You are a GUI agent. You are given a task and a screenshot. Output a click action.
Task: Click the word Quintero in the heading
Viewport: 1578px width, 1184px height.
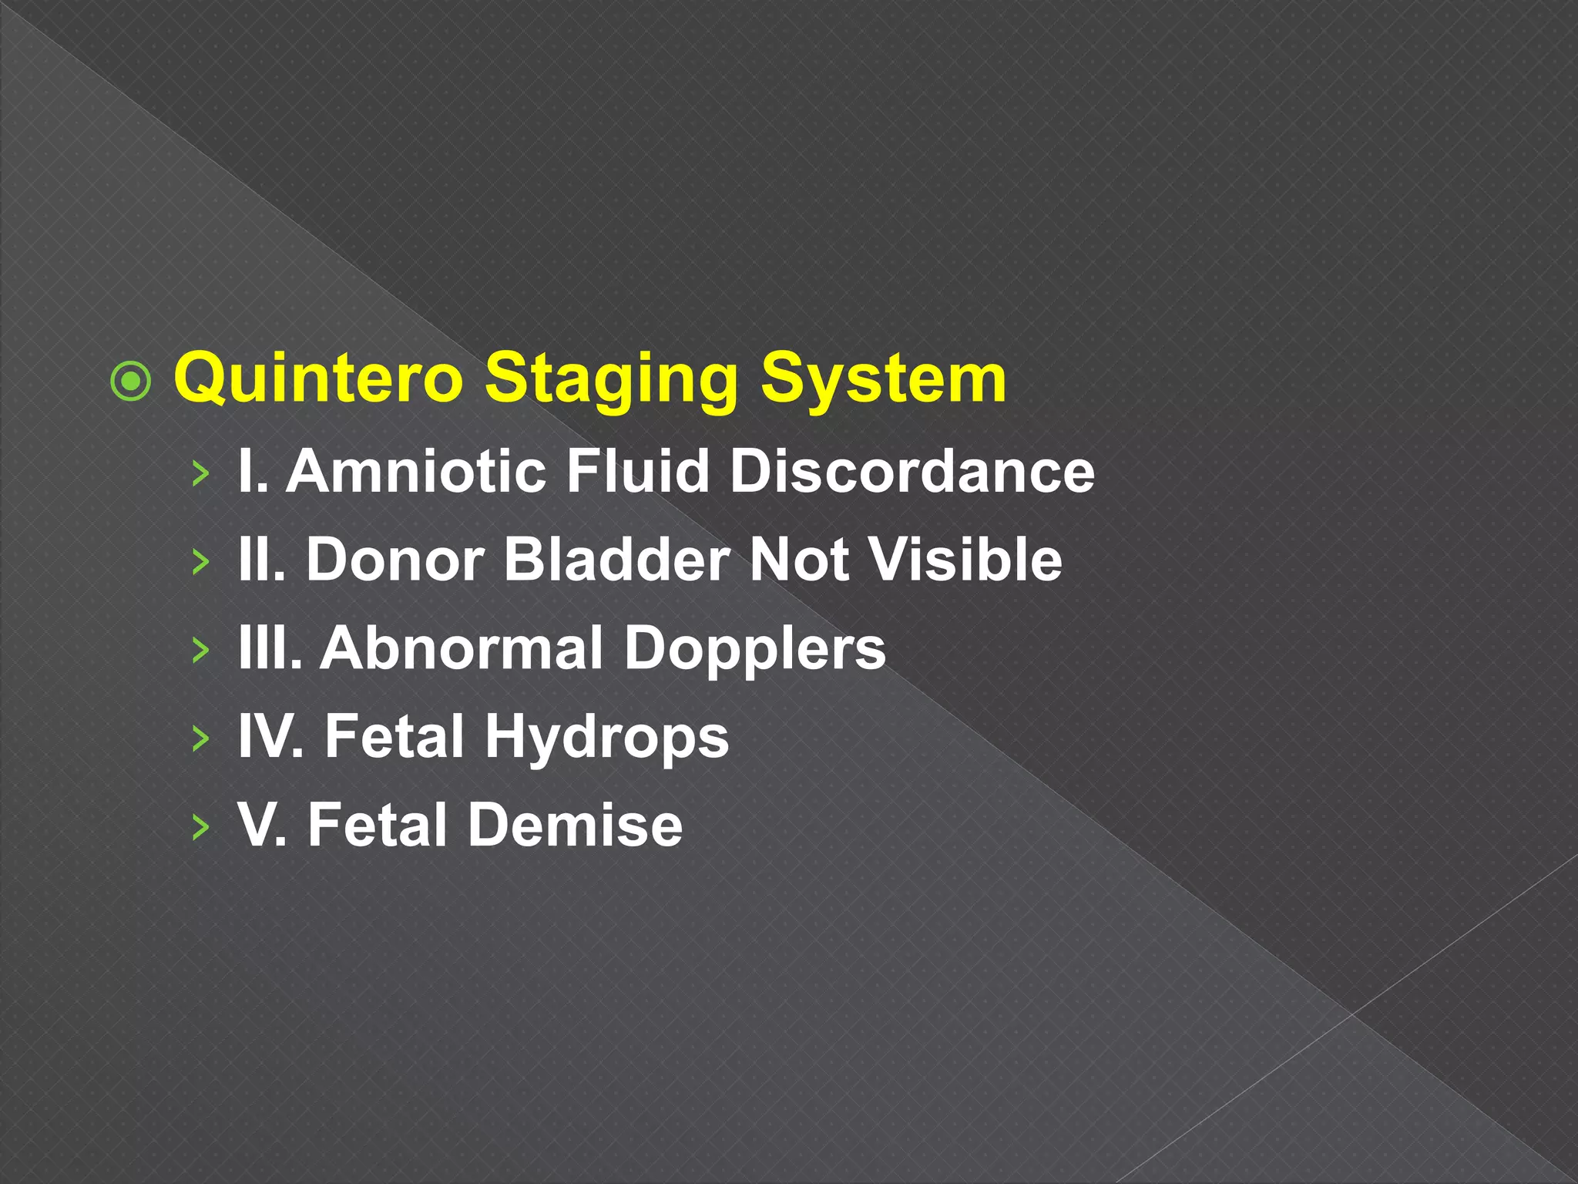[318, 378]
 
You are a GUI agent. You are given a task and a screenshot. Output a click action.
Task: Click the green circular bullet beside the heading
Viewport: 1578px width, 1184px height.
[131, 381]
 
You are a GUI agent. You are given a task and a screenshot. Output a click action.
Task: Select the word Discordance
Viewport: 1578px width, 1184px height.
[912, 471]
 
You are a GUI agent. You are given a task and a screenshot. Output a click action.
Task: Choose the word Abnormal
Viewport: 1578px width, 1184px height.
[462, 648]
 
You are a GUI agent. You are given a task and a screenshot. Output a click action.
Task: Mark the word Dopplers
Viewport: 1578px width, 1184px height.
[754, 650]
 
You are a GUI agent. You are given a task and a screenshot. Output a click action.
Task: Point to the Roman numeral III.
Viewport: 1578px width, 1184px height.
[269, 648]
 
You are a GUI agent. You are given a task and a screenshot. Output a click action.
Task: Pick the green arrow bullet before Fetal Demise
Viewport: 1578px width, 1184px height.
[200, 827]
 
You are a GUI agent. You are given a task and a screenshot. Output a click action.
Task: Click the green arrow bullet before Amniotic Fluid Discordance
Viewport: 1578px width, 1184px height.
[200, 473]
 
